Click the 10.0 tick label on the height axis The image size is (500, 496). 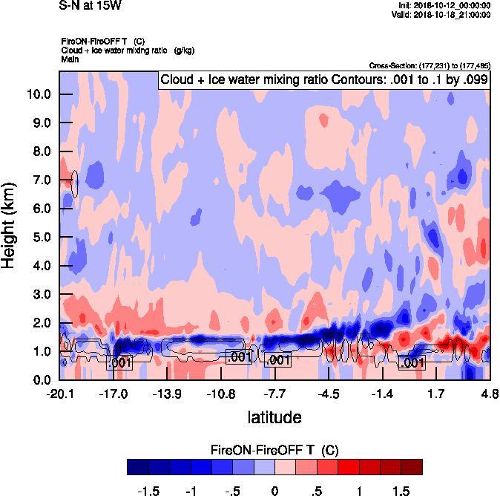(37, 94)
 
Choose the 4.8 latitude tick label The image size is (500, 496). (490, 394)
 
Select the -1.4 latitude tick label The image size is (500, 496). (382, 394)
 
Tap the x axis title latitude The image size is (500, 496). (274, 417)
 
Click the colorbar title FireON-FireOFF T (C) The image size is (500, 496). (274, 450)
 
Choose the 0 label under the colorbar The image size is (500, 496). (274, 491)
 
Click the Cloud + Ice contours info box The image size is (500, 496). (324, 79)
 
